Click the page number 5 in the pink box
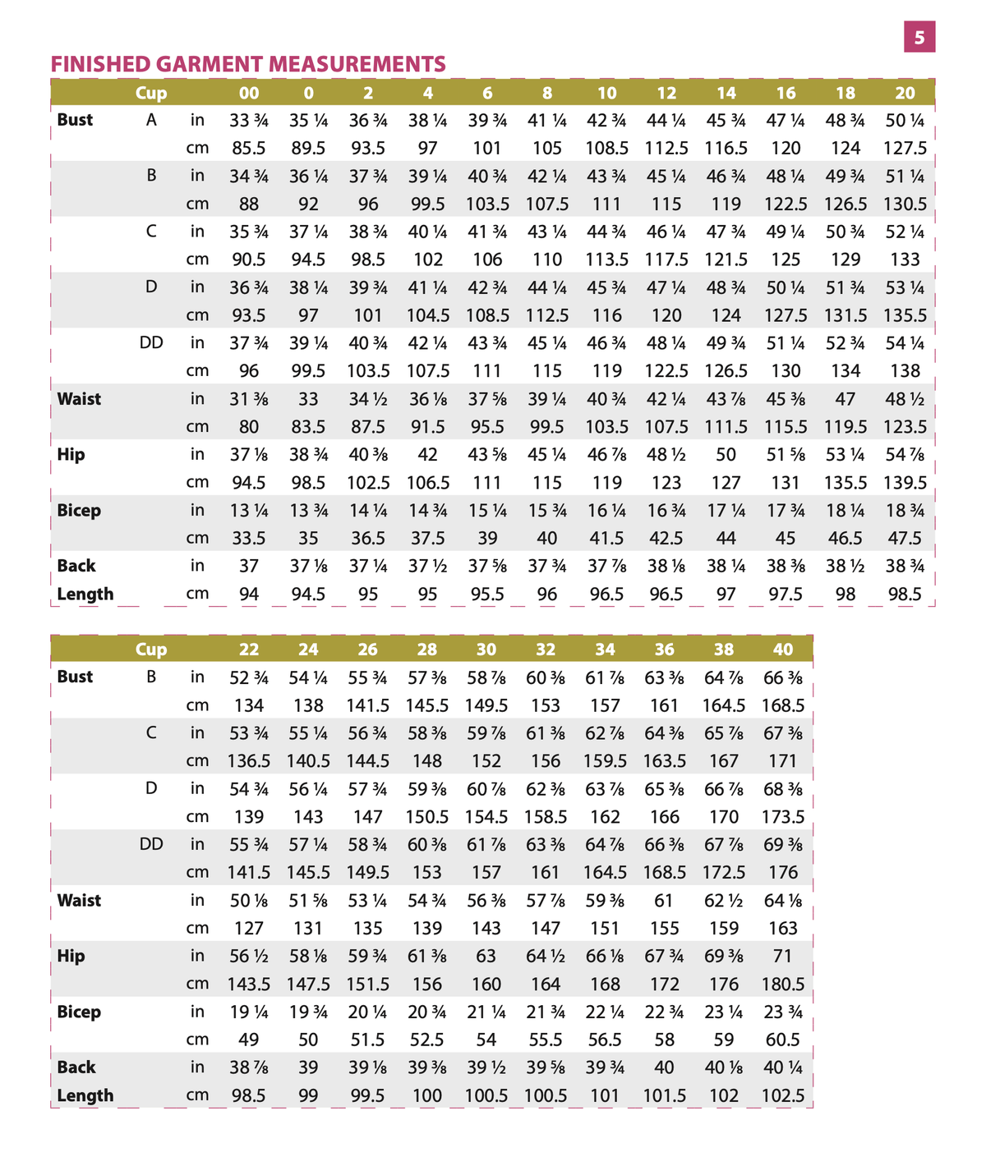click(919, 37)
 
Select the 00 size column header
click(249, 93)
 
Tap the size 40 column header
click(783, 650)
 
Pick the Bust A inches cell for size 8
click(546, 120)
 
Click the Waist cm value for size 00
click(249, 427)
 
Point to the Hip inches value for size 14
click(726, 455)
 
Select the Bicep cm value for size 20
click(905, 539)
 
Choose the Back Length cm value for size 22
click(249, 1095)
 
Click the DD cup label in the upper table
click(151, 342)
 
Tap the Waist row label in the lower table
click(79, 901)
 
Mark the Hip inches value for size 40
click(783, 957)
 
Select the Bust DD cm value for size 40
click(783, 872)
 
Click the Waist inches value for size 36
click(665, 901)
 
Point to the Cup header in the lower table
click(151, 650)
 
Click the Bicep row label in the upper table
click(79, 511)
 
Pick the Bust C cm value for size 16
click(786, 259)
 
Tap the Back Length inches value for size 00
click(249, 567)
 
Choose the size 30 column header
click(486, 650)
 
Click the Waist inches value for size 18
click(845, 399)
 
